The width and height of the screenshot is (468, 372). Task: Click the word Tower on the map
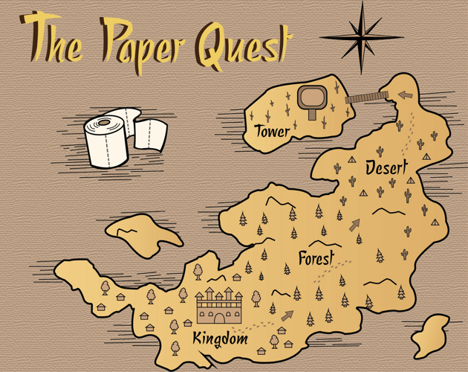tap(271, 132)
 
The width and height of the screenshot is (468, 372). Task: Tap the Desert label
tap(386, 168)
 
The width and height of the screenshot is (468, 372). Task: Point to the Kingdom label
tap(220, 339)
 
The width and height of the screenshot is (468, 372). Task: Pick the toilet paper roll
tap(106, 141)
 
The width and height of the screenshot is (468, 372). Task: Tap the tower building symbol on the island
tap(312, 100)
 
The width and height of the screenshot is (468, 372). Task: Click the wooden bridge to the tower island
tap(366, 97)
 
